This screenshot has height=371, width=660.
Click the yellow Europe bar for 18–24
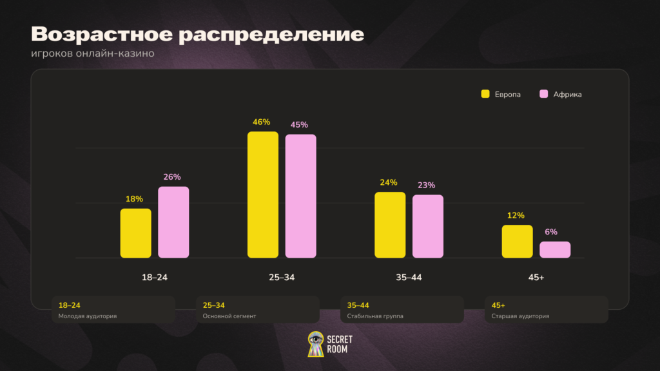(x=135, y=233)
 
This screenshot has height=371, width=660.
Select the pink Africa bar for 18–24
(x=173, y=222)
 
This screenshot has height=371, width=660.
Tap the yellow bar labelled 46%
(x=263, y=195)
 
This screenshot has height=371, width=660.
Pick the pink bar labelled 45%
(x=300, y=196)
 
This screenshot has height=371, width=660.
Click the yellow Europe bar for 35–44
(x=390, y=225)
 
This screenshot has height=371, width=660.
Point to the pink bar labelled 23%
(x=428, y=226)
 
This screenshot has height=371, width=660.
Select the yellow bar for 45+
(x=518, y=242)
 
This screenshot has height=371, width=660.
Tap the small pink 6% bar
(x=555, y=250)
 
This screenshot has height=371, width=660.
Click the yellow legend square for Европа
(x=485, y=94)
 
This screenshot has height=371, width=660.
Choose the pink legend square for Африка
(x=544, y=94)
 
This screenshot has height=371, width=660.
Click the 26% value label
(x=171, y=177)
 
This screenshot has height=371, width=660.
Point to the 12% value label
(x=516, y=215)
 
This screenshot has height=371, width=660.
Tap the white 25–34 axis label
(x=282, y=277)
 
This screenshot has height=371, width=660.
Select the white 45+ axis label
(x=536, y=277)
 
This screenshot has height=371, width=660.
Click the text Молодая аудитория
(x=88, y=316)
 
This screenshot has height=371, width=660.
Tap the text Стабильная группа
(x=375, y=316)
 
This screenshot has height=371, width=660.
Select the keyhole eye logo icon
(x=316, y=344)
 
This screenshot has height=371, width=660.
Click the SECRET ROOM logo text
(x=340, y=344)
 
